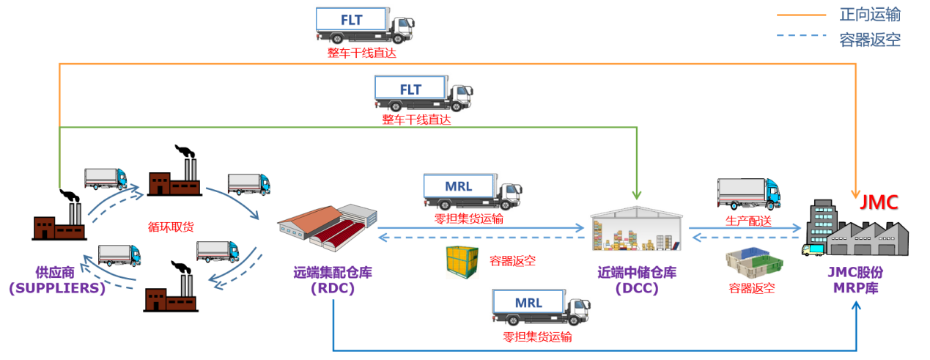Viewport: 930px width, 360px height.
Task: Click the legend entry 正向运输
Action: (870, 15)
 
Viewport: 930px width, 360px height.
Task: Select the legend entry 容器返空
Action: (870, 40)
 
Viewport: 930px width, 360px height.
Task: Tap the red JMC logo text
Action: (879, 202)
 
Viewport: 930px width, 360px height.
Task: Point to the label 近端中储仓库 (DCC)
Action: (636, 280)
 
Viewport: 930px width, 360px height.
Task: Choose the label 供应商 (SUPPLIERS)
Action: (57, 280)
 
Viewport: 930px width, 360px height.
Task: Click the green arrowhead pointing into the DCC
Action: (636, 195)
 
